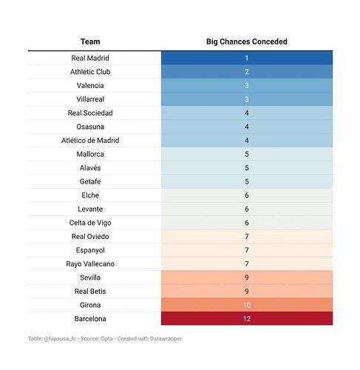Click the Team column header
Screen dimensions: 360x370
(x=90, y=41)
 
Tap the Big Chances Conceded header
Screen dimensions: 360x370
(x=247, y=41)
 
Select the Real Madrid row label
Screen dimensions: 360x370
(x=90, y=58)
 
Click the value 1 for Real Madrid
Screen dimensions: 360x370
(x=247, y=58)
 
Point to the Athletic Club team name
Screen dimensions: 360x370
(x=90, y=72)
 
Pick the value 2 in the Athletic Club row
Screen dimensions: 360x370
(x=247, y=72)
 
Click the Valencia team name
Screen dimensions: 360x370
(x=90, y=86)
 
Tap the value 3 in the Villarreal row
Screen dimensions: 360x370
(x=247, y=99)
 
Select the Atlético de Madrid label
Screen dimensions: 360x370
(x=90, y=141)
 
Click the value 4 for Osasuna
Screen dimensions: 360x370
(x=247, y=127)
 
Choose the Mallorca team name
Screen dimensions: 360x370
(x=90, y=154)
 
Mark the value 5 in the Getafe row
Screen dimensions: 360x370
(x=247, y=181)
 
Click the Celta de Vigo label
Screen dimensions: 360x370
(x=90, y=223)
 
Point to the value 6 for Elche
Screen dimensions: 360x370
(x=247, y=195)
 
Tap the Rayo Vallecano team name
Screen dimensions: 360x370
(x=90, y=264)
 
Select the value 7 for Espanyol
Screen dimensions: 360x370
(x=247, y=250)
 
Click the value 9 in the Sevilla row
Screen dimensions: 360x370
(x=247, y=277)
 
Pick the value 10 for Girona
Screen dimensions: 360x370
(x=247, y=305)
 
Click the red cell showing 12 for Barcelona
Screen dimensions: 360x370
(x=247, y=318)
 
